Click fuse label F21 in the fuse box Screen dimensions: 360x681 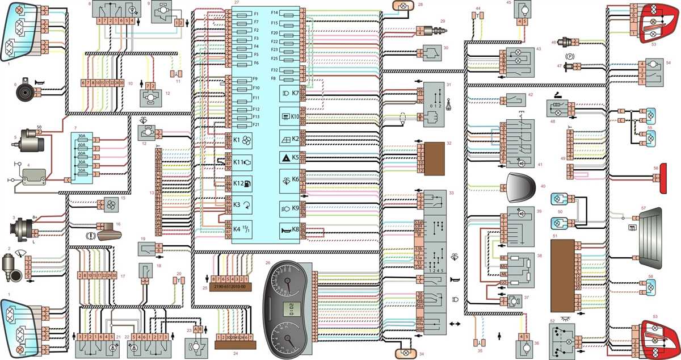pos(257,124)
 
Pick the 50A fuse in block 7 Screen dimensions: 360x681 pos(82,170)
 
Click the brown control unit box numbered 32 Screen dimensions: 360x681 pos(436,157)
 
